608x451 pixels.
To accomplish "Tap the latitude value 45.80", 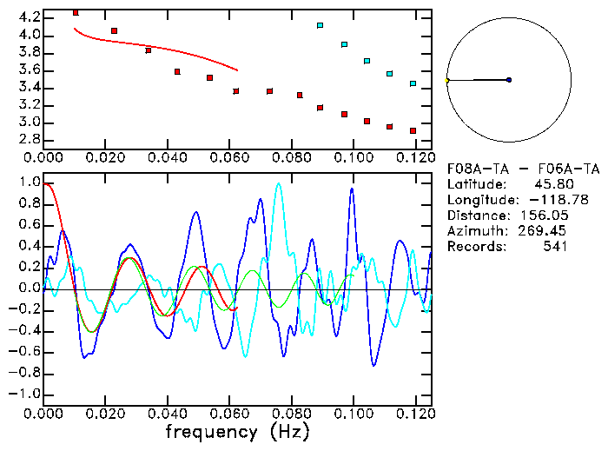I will (x=548, y=184).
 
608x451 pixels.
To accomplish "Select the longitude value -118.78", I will (x=541, y=200).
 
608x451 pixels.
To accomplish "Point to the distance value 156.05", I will (x=544, y=216).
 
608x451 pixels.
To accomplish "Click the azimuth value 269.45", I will (x=544, y=231).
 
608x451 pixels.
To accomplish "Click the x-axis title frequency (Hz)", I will (x=236, y=431).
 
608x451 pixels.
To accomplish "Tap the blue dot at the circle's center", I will (x=509, y=80).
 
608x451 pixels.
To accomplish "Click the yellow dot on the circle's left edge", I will (x=447, y=80).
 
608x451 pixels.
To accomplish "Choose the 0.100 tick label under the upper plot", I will (x=353, y=158).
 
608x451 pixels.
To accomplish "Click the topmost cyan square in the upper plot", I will (x=321, y=26).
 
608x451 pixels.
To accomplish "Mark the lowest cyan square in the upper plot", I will (x=413, y=83).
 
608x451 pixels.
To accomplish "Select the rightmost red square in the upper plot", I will (x=413, y=130).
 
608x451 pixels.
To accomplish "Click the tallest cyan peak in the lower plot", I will (x=278, y=183).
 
